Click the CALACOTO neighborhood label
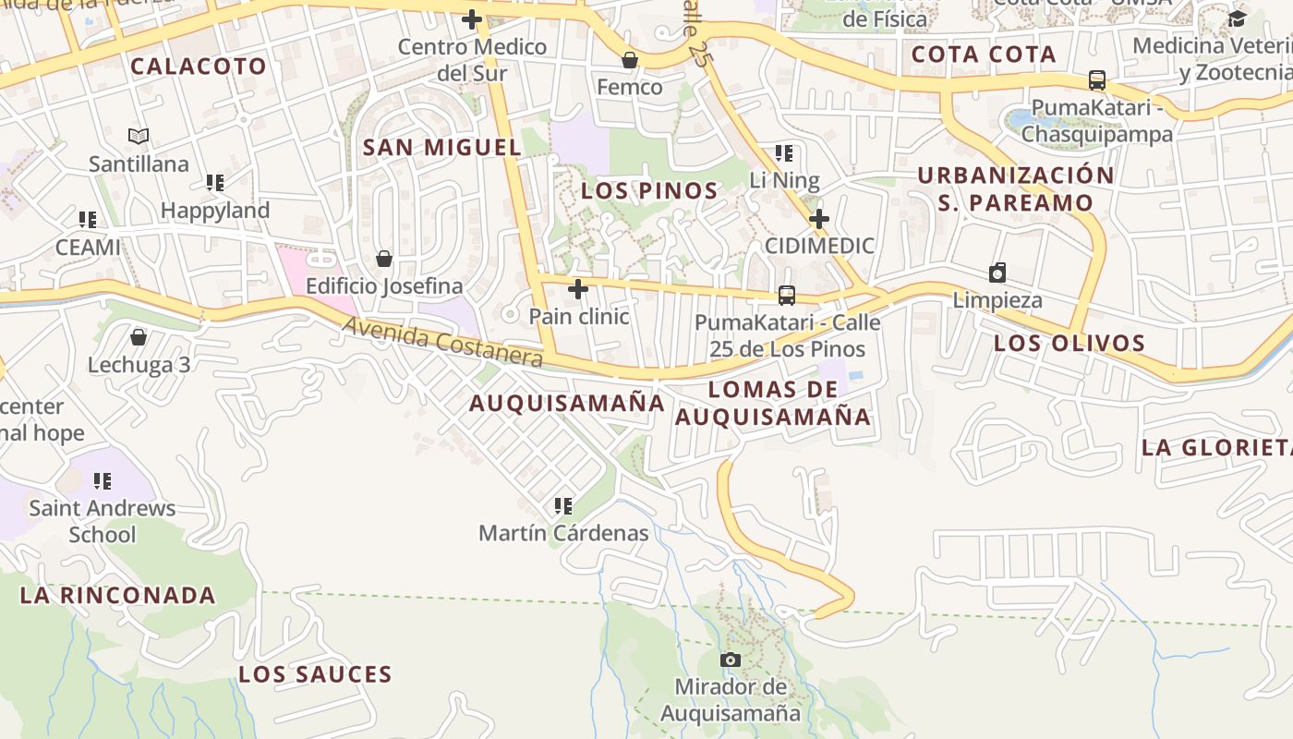click(x=198, y=66)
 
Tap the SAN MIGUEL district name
click(x=441, y=147)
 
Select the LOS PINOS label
click(x=649, y=191)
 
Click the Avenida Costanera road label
click(x=442, y=342)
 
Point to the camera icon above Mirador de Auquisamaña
click(x=731, y=660)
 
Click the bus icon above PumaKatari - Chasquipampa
click(x=1097, y=80)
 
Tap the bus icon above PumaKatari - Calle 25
click(x=787, y=296)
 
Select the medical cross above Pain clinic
click(x=578, y=290)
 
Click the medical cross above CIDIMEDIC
click(x=819, y=219)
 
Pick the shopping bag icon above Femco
click(x=630, y=61)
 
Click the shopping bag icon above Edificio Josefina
click(x=384, y=260)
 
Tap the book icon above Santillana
click(x=139, y=137)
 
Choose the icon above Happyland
click(x=215, y=183)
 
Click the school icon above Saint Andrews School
click(x=103, y=481)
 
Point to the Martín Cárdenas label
click(x=563, y=533)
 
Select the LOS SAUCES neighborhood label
click(x=315, y=674)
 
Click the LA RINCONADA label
click(x=117, y=595)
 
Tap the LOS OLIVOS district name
click(x=1069, y=344)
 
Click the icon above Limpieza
click(x=997, y=273)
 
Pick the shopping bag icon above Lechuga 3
click(x=139, y=337)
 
